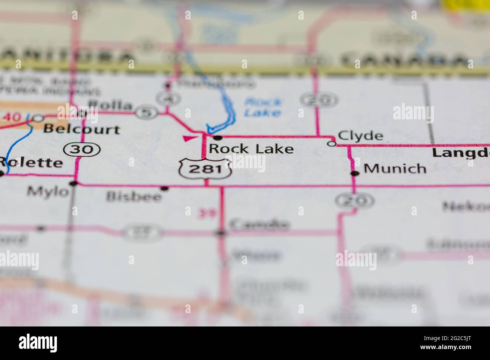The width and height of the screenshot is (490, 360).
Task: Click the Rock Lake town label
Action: pos(251,149)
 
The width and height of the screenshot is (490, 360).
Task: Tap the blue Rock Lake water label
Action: pos(262,107)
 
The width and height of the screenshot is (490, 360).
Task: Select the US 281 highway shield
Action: pos(205,168)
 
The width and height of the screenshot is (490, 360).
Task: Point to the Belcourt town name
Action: pos(81,129)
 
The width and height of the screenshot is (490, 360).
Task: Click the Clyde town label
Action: pos(360,136)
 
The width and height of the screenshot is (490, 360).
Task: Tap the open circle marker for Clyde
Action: pos(332,143)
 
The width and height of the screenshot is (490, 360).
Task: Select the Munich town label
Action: pos(395,168)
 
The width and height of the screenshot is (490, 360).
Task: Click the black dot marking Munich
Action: pos(354,173)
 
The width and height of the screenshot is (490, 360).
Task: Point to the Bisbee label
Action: pos(134,196)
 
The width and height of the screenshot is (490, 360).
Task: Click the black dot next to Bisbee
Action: pos(164,188)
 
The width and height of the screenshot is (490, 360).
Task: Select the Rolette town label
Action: pos(31,163)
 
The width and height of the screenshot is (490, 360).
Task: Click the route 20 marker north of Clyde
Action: pos(319,100)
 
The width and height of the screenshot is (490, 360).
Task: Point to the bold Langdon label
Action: pos(461,153)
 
